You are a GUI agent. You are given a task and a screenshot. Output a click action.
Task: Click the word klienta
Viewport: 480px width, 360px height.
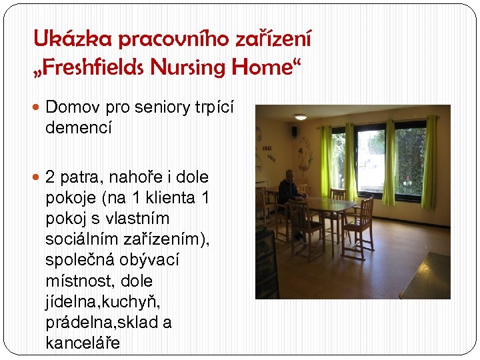[166, 198]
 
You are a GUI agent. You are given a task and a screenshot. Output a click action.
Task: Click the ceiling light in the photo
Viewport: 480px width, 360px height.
[301, 117]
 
